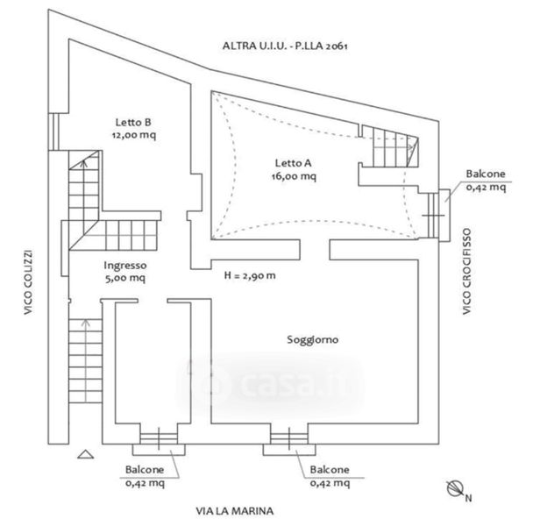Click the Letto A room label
coord(293,163)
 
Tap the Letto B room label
coord(133,122)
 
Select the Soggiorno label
coord(313,340)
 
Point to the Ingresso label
coord(125,266)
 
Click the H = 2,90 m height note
coord(250,275)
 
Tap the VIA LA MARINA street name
coord(235,511)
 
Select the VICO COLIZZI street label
coord(28,282)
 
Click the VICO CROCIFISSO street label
coord(466,272)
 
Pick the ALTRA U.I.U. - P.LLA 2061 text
coord(285,46)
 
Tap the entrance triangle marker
coord(85,454)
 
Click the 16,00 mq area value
coord(294,176)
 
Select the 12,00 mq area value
coord(134,135)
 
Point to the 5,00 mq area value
coord(125,278)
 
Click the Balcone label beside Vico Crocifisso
coord(486,174)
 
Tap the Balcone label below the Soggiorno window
coord(330,470)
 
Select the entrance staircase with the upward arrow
coord(85,361)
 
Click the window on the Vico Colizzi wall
coord(53,131)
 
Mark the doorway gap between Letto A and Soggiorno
coord(315,250)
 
